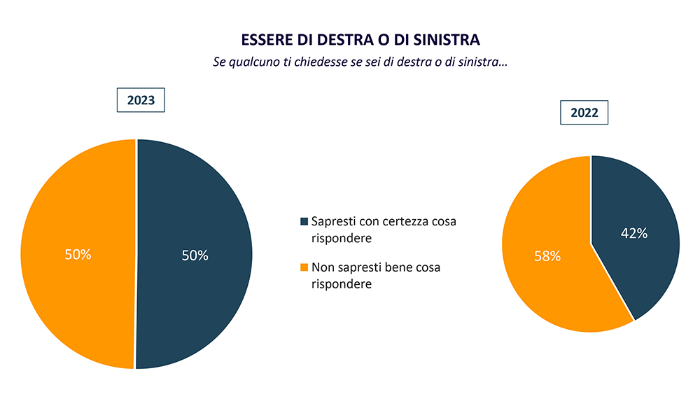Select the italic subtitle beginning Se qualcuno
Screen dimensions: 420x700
pyautogui.click(x=360, y=62)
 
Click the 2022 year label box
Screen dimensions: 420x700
pyautogui.click(x=584, y=113)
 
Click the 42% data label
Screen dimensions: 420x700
pyautogui.click(x=634, y=234)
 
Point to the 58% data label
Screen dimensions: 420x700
pyautogui.click(x=547, y=256)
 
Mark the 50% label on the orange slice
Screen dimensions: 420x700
pyautogui.click(x=78, y=255)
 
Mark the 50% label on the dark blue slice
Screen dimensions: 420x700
pyautogui.click(x=195, y=255)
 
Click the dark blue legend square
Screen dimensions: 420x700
pyautogui.click(x=304, y=222)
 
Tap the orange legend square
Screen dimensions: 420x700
pyautogui.click(x=304, y=267)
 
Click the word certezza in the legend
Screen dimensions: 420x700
pyautogui.click(x=409, y=222)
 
